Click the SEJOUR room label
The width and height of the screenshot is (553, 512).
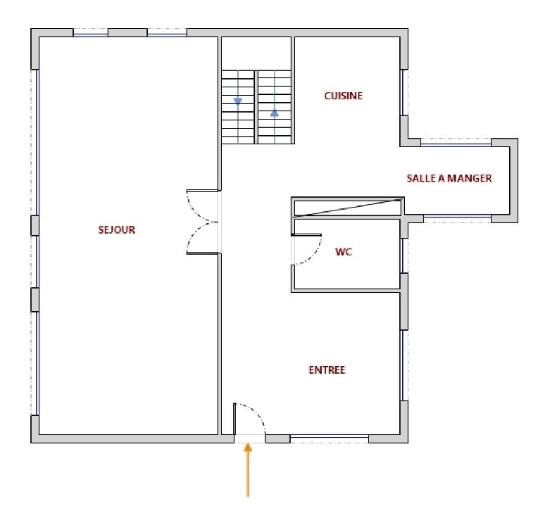coord(117,230)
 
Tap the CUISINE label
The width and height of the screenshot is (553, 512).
coord(344,96)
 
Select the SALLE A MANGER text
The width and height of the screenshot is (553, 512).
coord(450,178)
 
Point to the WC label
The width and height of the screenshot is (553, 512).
coord(344,252)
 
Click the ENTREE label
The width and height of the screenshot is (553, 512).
coord(327,370)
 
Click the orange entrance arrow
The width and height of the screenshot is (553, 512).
coord(248,470)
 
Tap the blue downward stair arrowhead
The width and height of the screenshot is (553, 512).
coord(238,102)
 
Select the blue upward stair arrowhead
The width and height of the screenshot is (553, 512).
coord(274,113)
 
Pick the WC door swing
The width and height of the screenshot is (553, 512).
coord(314,257)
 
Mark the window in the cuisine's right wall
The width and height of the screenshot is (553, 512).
coord(402,93)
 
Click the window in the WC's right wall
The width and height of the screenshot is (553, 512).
coord(402,256)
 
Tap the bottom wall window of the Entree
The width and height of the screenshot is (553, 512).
coord(329,438)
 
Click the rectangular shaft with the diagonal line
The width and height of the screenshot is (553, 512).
coord(347,207)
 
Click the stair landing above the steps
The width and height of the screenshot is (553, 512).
coord(256,53)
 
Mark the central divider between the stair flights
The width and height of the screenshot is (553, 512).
coord(256,107)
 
